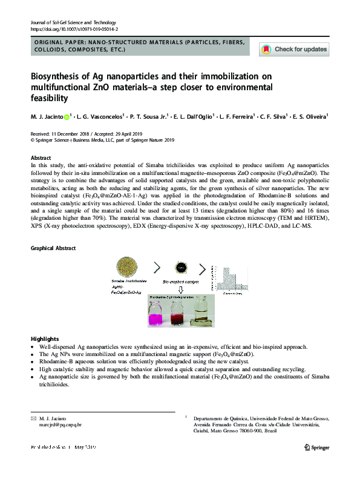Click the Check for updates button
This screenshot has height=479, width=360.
(294, 49)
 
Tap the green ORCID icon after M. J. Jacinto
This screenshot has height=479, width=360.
(67, 116)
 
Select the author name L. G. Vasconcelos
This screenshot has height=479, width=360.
(100, 116)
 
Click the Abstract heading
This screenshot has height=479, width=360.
(41, 157)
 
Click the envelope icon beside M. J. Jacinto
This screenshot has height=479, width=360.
(33, 418)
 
